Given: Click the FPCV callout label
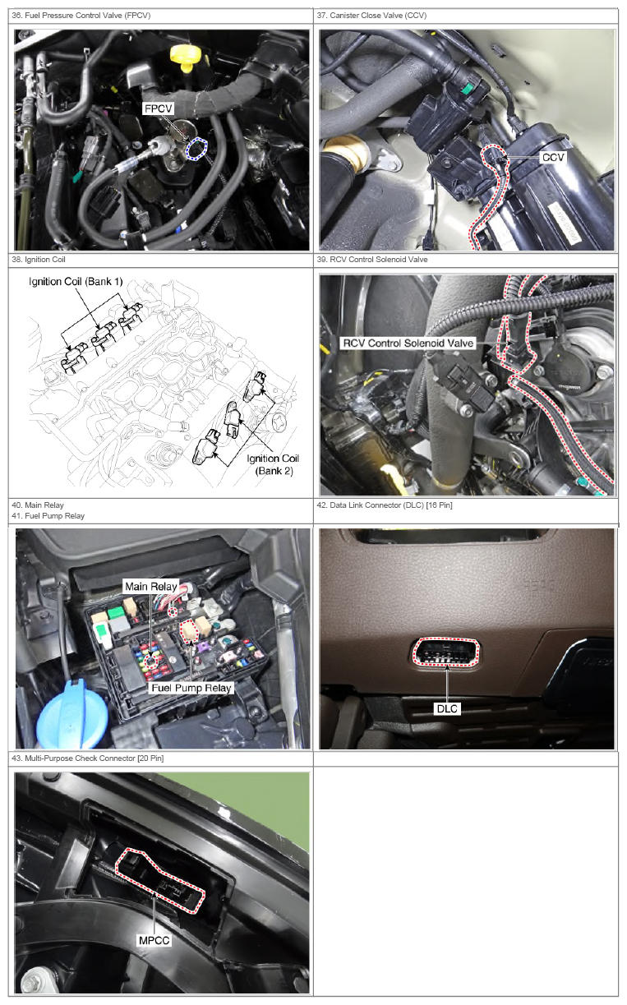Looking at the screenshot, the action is pos(158,109).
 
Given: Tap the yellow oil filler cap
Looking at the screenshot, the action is pos(186,58).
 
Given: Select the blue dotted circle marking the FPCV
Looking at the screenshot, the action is pos(196,149).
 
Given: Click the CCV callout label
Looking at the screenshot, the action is pos(553,158).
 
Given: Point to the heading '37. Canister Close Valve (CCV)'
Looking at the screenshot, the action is pos(371,16).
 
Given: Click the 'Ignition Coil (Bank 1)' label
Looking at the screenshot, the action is pos(76,282).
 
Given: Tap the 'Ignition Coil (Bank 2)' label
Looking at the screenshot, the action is pos(274,464).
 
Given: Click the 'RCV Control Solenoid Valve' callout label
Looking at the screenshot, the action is pos(408,343).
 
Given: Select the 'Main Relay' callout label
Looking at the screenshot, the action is pos(151,587).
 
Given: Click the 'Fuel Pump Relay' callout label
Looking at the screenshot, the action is pos(191,688).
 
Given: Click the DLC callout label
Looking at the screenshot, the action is pos(447,708).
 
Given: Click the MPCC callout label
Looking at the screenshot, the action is pos(154,940).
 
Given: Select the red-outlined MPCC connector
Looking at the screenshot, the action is pos(160,880).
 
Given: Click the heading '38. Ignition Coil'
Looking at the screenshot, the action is pos(39,260).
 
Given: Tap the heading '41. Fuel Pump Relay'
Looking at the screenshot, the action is pos(48,516).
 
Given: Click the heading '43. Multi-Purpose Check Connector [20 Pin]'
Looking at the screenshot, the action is pos(88,758).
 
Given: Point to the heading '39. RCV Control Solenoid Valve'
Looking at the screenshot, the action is pos(372,260).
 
